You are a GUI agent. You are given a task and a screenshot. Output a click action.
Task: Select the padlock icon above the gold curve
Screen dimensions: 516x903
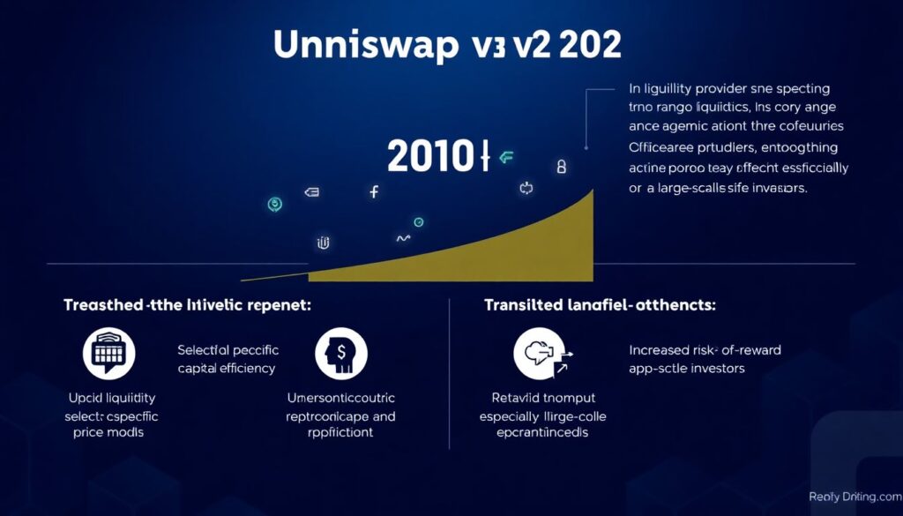tap(561, 166)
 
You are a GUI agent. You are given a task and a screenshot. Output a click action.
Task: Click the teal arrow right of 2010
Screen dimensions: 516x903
tap(506, 158)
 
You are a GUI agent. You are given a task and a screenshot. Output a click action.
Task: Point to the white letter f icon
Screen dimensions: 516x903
tap(374, 191)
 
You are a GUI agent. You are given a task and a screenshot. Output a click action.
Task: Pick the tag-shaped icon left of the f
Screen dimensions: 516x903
tap(310, 191)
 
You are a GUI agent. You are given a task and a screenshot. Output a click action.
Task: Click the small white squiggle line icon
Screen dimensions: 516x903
tap(403, 238)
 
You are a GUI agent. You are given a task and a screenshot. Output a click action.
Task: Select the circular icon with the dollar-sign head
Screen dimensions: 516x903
tap(340, 354)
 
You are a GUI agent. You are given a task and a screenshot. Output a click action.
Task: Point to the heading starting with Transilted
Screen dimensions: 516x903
tap(601, 305)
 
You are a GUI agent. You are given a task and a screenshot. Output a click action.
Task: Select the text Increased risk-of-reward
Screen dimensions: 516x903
tap(705, 350)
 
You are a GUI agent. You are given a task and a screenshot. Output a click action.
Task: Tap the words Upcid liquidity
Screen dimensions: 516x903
tap(109, 399)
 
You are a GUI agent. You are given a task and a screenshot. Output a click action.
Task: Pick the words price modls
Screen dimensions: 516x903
tap(109, 432)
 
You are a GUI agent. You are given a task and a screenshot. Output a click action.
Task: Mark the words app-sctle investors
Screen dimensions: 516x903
tap(688, 368)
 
